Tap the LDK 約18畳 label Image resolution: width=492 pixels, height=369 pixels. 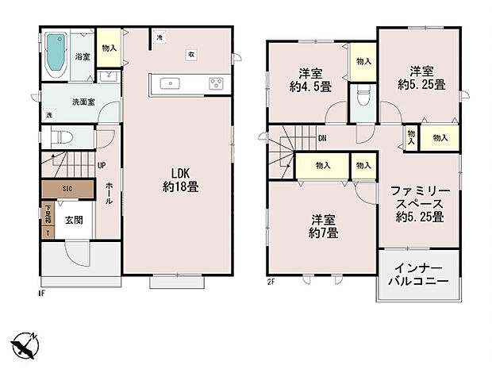181,181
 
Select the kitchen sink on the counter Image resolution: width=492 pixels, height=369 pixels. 172,83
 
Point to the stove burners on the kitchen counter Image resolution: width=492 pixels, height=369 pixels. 217,83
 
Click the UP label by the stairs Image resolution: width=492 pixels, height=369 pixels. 102,165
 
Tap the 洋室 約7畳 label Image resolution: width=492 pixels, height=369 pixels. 323,226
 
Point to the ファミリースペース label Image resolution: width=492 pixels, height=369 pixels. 421,204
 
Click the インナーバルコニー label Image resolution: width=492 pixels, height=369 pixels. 417,275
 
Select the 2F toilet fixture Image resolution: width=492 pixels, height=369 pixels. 364,98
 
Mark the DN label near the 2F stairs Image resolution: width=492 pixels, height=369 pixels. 322,138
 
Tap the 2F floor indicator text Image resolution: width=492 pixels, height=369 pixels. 271,280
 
